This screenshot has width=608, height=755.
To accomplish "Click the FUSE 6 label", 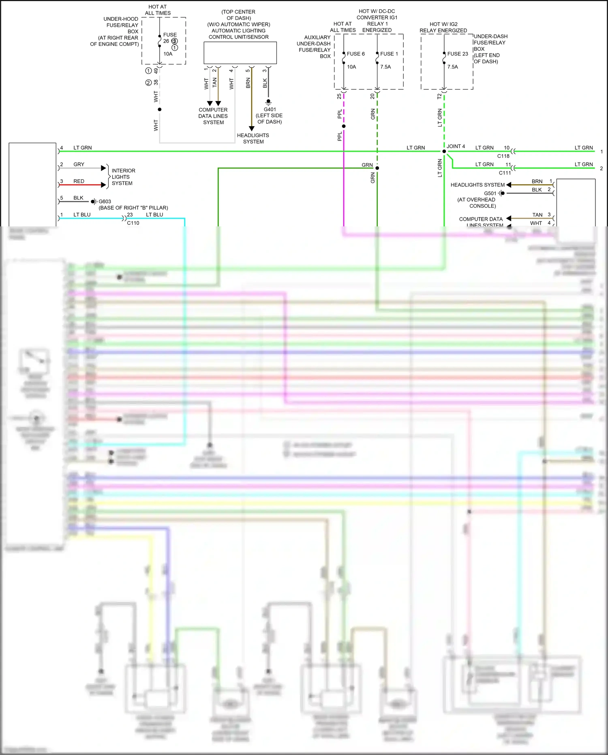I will (355, 54).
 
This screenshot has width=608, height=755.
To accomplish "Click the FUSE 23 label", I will (457, 54).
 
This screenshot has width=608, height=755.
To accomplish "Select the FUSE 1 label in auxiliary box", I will (389, 54).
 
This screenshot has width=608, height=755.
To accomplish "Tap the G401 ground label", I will (270, 109).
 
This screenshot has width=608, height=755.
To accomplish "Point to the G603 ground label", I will (105, 201).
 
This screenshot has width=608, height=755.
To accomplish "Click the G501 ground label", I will (490, 193).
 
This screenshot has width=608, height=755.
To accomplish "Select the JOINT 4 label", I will (456, 146).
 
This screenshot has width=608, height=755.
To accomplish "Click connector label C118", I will (503, 156).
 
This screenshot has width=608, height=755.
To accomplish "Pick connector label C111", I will (505, 173).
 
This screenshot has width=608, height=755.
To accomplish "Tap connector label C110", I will (133, 223).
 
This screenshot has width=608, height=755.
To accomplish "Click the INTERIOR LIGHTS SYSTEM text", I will (123, 177).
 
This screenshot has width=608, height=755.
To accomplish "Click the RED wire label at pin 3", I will (79, 181).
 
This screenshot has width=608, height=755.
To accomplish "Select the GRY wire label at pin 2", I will (79, 164).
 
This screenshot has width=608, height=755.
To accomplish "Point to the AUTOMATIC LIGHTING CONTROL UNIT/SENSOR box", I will (240, 53).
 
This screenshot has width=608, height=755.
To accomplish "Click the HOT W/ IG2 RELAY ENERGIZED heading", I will (443, 27).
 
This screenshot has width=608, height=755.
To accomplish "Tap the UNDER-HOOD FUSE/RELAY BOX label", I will (121, 25).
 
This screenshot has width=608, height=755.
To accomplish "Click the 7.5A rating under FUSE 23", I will (452, 67).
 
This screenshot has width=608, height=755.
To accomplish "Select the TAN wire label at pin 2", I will (215, 82).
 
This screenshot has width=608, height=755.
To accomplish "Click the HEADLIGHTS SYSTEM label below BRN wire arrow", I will (253, 138).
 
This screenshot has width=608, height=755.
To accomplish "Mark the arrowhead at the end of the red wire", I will (103, 185).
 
